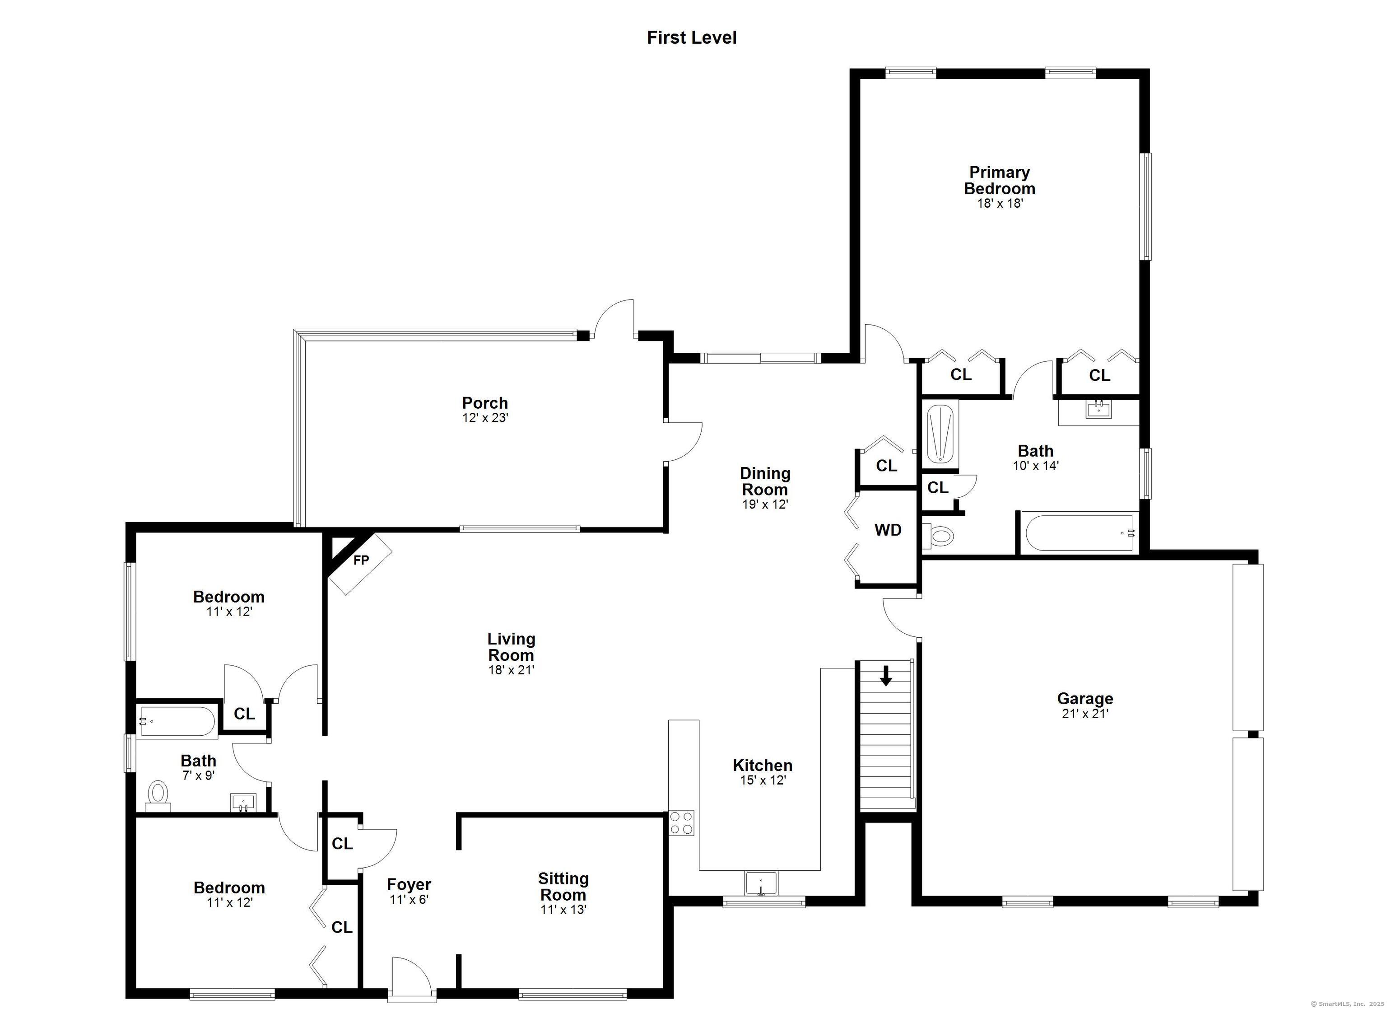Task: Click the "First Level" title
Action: click(692, 38)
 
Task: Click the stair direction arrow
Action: click(885, 676)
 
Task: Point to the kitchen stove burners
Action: click(681, 822)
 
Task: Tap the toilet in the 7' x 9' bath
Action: click(158, 795)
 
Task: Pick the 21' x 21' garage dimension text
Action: click(1085, 714)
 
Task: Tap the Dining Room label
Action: click(764, 481)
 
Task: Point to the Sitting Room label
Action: click(563, 887)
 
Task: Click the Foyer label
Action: click(409, 885)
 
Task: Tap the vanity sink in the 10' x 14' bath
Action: click(1099, 409)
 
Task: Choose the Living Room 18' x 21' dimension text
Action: click(511, 670)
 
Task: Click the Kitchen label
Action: click(763, 766)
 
